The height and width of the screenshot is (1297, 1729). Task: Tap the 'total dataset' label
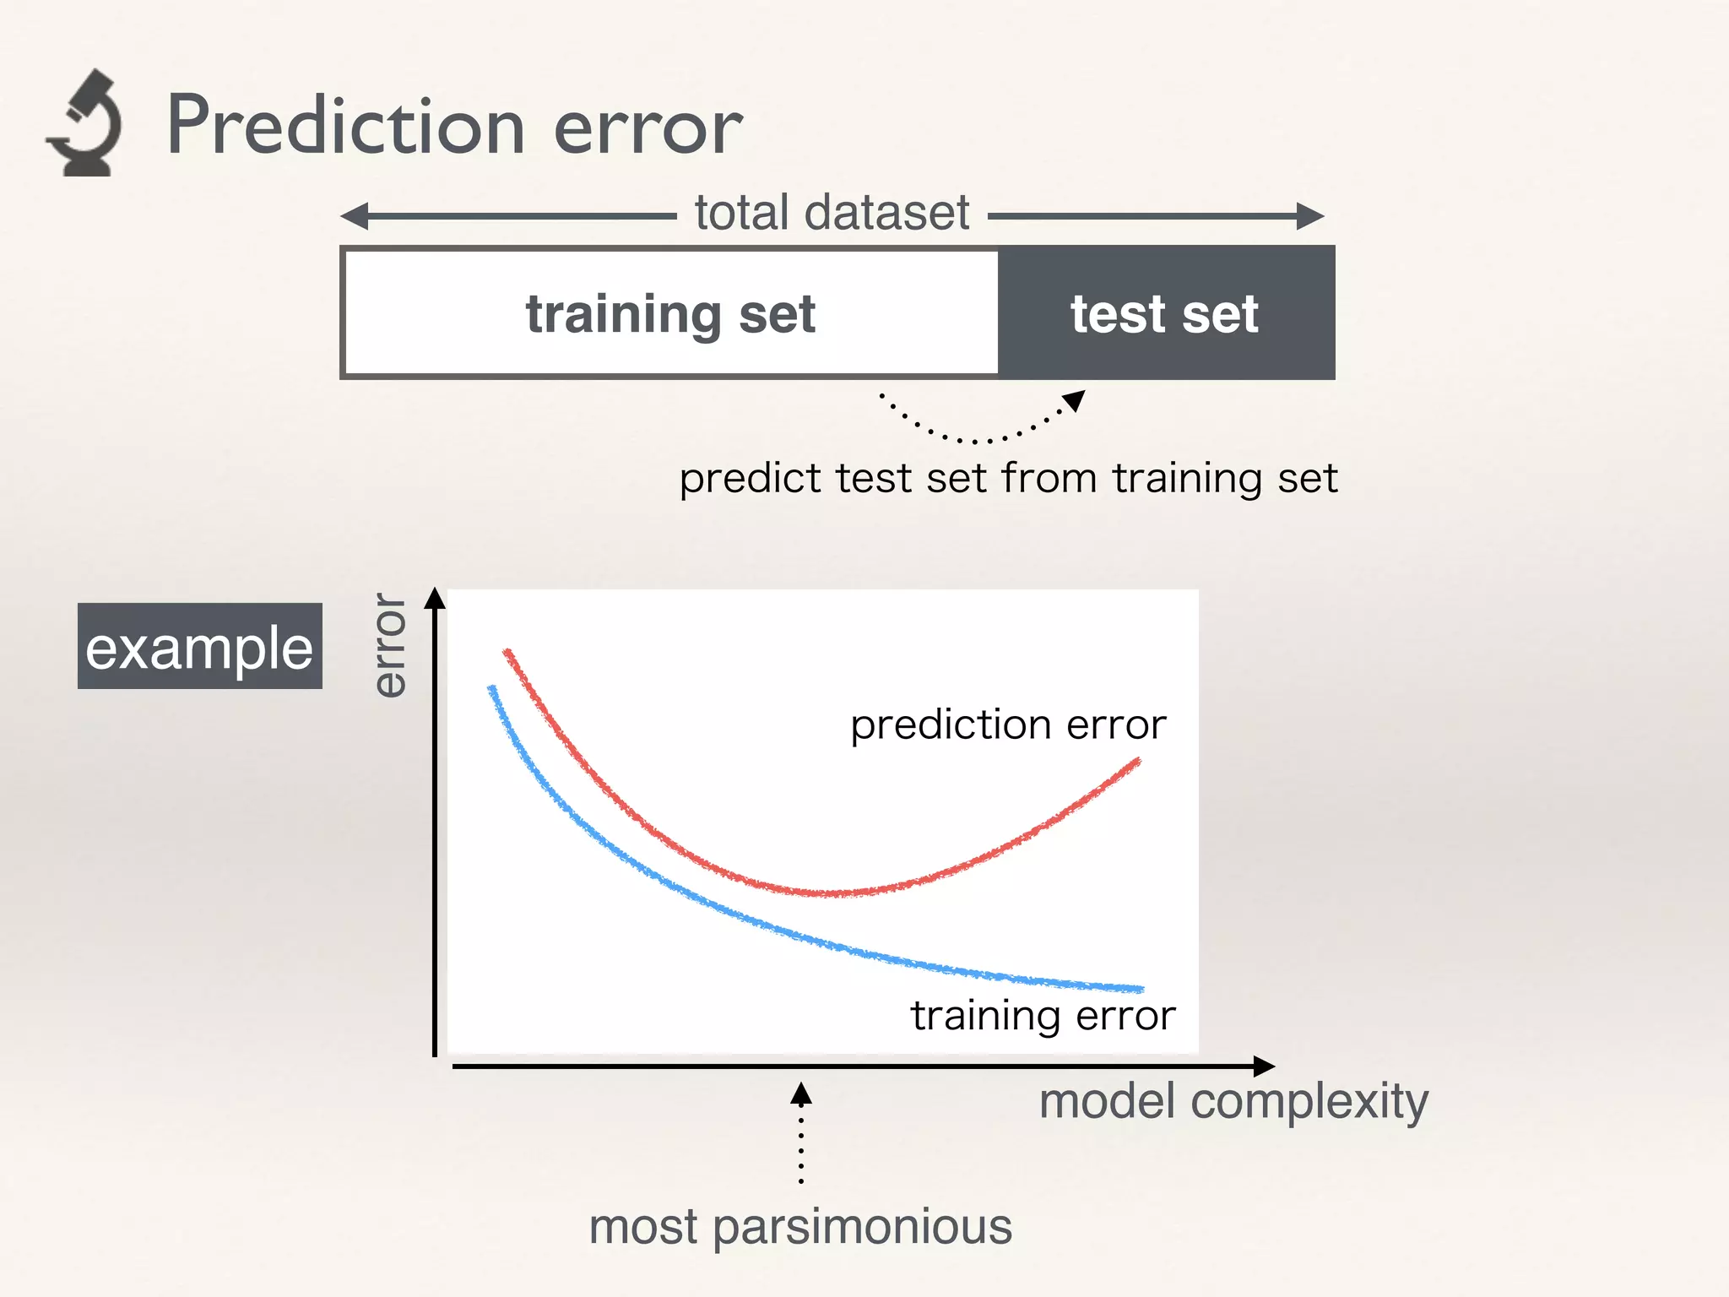(x=832, y=213)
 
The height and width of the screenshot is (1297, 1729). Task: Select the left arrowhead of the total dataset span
(x=355, y=216)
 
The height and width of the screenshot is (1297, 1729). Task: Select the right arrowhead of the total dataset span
(x=1309, y=216)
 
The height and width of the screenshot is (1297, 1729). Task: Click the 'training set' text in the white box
(x=670, y=314)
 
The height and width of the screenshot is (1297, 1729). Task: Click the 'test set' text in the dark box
(x=1164, y=314)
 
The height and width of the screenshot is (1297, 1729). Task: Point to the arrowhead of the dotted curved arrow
(x=1075, y=400)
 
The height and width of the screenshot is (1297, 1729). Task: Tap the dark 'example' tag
(x=200, y=646)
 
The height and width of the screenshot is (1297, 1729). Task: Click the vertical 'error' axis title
(x=390, y=645)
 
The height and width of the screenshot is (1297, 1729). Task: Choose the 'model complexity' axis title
(x=1233, y=1102)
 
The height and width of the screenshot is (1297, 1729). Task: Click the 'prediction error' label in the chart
(x=1008, y=724)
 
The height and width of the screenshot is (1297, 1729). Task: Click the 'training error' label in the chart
(x=1043, y=1015)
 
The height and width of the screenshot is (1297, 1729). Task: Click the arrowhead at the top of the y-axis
(x=435, y=598)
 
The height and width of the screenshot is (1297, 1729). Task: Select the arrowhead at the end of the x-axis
(x=1264, y=1066)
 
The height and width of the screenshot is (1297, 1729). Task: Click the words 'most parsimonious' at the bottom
(x=800, y=1227)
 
